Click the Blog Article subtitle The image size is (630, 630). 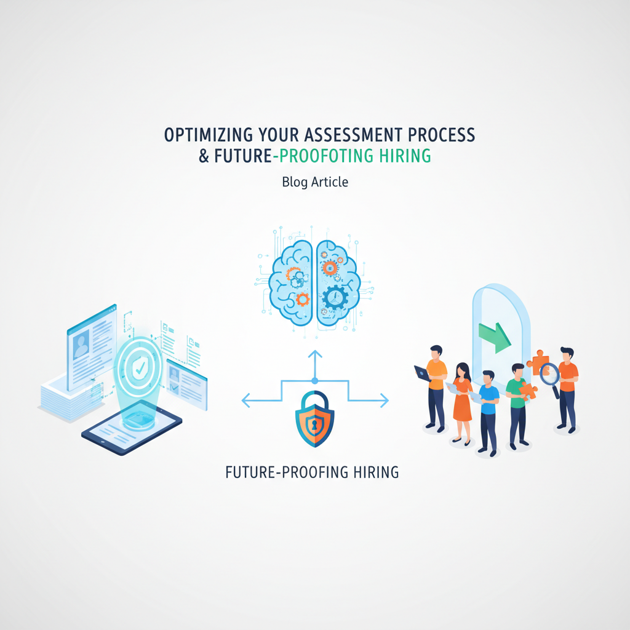pyautogui.click(x=315, y=182)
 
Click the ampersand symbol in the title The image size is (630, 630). pyautogui.click(x=204, y=156)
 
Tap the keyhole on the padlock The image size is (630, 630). pyautogui.click(x=314, y=424)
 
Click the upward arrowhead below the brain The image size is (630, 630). pyautogui.click(x=314, y=354)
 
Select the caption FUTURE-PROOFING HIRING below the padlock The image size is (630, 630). pyautogui.click(x=312, y=472)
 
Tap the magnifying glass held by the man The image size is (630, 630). pyautogui.click(x=549, y=373)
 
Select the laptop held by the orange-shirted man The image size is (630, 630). pyautogui.click(x=422, y=373)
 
